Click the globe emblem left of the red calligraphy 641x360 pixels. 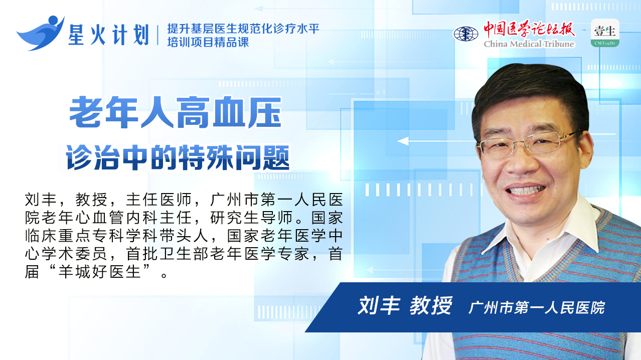(x=465, y=34)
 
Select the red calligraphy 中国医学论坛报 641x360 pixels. (x=529, y=29)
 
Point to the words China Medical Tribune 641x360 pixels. (x=529, y=44)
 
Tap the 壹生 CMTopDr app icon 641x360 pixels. (x=605, y=33)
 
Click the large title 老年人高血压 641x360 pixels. (x=176, y=112)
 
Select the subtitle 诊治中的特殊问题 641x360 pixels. (x=178, y=157)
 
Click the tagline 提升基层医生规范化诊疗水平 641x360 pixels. (x=243, y=29)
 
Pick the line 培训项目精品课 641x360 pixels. (x=208, y=42)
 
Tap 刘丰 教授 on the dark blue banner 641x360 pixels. (x=405, y=306)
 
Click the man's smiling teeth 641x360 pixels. (x=526, y=190)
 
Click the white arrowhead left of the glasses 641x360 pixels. (x=403, y=141)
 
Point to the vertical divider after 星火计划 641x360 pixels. (x=157, y=35)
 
